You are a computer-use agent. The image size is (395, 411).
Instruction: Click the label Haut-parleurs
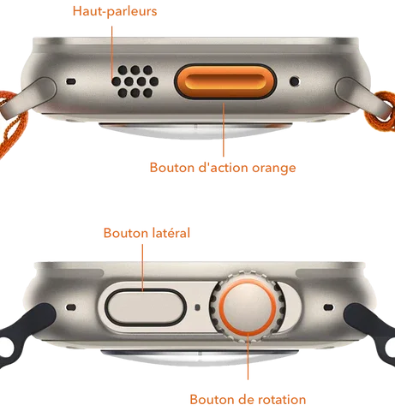click(115, 11)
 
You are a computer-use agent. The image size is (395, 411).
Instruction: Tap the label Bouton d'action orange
click(223, 168)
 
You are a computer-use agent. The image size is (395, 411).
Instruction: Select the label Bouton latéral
click(147, 233)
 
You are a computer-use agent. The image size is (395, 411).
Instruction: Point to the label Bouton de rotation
click(248, 399)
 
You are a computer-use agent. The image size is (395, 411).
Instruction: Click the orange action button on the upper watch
click(225, 81)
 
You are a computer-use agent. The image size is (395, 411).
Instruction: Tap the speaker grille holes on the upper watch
click(135, 81)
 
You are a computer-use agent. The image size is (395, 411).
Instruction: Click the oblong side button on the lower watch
click(146, 307)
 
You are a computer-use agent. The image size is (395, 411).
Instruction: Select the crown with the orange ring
click(248, 307)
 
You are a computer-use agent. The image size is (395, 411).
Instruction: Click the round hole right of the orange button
click(295, 81)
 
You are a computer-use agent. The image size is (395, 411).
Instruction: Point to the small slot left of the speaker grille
click(71, 81)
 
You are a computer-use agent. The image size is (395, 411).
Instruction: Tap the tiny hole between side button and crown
click(197, 307)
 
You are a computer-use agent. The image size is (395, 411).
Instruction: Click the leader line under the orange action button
click(224, 129)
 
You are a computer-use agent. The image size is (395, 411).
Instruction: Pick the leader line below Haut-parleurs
click(112, 51)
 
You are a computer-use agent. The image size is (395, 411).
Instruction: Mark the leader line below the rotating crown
click(248, 356)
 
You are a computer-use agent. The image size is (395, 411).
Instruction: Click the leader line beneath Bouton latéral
click(142, 267)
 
